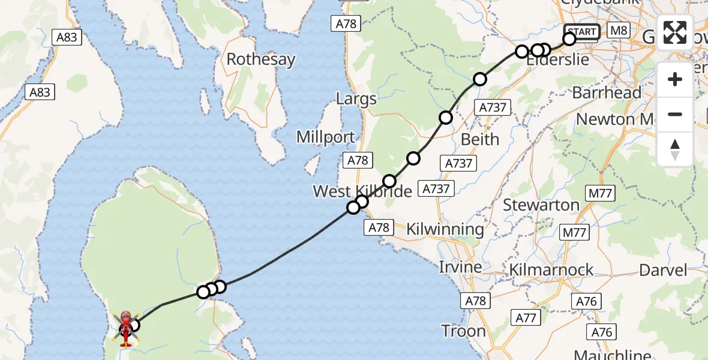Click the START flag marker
click(x=581, y=32)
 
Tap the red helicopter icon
click(x=126, y=328)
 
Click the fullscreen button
click(x=675, y=32)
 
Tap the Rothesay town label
click(x=261, y=60)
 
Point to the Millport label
click(x=326, y=137)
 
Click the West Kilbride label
click(x=362, y=191)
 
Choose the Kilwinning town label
click(x=445, y=229)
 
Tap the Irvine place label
click(x=460, y=267)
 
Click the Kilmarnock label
click(x=551, y=270)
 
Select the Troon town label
click(x=463, y=331)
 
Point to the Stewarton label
click(x=541, y=205)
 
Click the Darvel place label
click(x=663, y=270)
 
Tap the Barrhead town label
click(x=607, y=93)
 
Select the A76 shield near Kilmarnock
click(x=586, y=301)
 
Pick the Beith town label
click(x=480, y=139)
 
